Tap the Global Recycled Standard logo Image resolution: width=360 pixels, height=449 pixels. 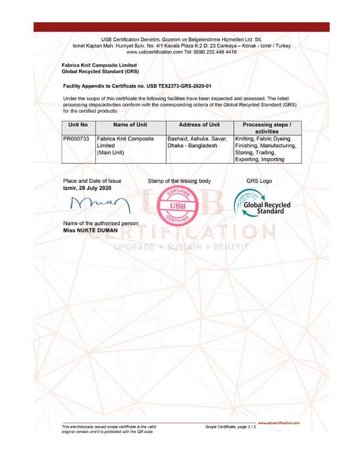point(262,205)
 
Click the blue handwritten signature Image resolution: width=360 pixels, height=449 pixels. point(96,204)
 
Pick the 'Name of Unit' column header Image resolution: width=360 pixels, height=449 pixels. point(130,125)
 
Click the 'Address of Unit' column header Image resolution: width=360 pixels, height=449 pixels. point(199,125)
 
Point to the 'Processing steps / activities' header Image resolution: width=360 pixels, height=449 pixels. point(267,128)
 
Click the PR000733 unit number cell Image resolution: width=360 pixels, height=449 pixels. point(76,139)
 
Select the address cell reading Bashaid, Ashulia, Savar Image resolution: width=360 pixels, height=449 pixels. point(199,142)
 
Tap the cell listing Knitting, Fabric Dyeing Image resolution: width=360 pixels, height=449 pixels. point(266,149)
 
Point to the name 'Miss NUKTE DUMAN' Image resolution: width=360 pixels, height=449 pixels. point(90,230)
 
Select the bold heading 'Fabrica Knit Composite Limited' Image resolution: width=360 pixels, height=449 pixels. point(99,65)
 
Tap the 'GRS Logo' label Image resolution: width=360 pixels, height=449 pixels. point(259,181)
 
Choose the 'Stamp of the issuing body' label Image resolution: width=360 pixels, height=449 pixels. point(179,181)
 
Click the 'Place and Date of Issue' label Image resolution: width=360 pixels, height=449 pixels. point(93,181)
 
